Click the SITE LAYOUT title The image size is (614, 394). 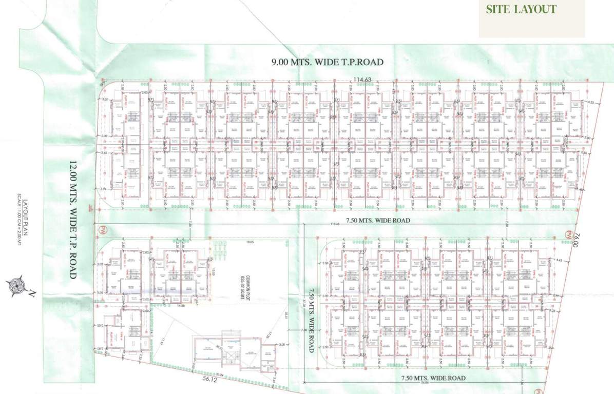tap(521, 9)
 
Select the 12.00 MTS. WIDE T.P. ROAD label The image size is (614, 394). tap(72, 220)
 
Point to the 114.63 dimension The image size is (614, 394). tap(361, 79)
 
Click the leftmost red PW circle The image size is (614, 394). tap(101, 229)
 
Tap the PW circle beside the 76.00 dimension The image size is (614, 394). tap(568, 234)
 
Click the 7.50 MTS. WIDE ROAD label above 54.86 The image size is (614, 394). tap(433, 378)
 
